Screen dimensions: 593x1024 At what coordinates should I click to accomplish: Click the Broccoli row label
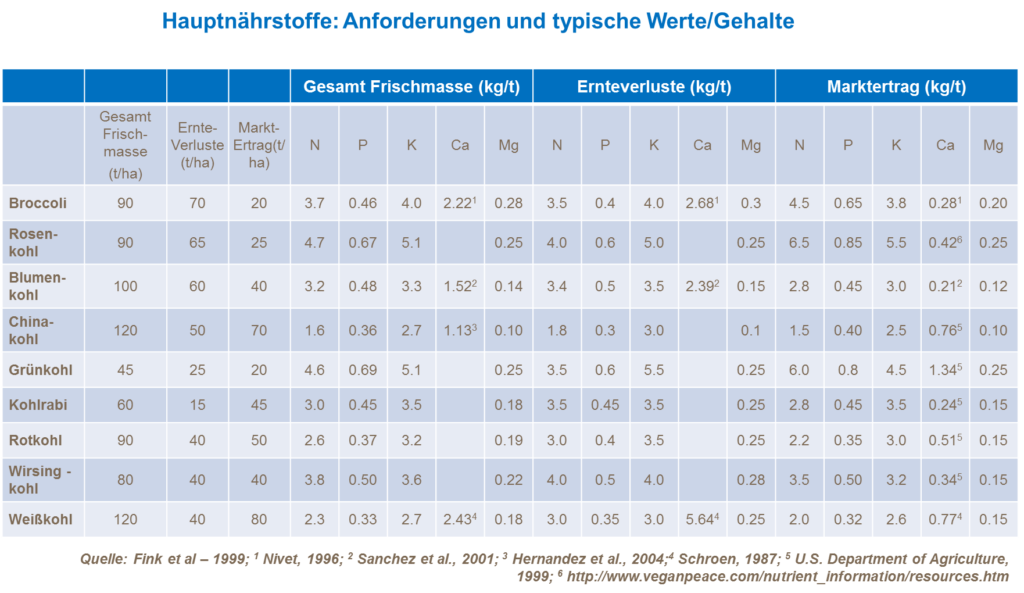pos(38,203)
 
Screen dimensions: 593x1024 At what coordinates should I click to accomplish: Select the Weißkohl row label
pos(41,519)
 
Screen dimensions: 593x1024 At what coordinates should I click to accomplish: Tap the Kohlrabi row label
pos(38,405)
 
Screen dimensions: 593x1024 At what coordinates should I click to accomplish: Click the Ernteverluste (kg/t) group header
pos(654,87)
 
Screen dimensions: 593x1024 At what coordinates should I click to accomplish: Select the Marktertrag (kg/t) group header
pos(896,87)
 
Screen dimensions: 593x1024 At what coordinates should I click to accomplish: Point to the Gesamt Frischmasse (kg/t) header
pos(411,87)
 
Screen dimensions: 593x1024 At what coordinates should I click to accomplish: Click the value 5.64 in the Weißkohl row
pos(701,519)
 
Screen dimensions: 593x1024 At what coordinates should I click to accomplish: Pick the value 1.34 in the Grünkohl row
pos(944,370)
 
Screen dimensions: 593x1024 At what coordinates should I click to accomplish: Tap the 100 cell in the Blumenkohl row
pos(126,286)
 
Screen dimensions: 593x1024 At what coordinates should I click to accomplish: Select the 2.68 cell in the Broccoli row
pos(701,203)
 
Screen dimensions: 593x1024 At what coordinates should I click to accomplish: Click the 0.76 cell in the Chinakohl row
pos(944,330)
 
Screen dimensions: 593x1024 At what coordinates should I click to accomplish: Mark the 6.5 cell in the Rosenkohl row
pos(799,242)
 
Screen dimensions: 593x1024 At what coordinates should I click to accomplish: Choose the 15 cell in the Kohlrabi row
pos(198,405)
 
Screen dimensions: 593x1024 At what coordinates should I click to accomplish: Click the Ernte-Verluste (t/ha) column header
pos(198,145)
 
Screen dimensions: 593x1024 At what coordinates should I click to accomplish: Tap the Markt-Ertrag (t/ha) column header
pos(259,145)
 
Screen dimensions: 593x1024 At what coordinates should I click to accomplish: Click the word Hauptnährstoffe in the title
pos(250,22)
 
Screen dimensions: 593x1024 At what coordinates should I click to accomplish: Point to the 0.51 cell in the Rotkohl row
pos(944,440)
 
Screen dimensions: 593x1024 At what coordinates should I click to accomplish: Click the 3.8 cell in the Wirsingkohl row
pos(314,480)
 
